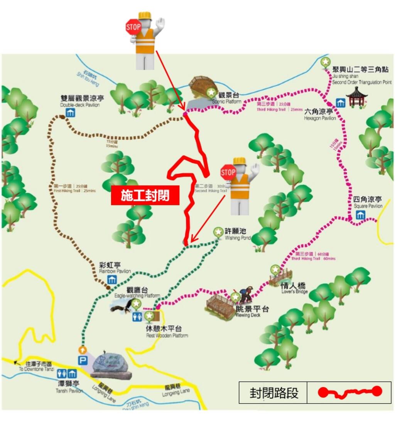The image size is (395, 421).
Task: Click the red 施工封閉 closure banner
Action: pos(145,195)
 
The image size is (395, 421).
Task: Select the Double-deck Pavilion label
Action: pos(80,101)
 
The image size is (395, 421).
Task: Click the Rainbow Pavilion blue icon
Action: pos(112,280)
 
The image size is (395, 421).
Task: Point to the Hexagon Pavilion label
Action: pos(319,114)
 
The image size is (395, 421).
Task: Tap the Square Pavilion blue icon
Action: pos(360,215)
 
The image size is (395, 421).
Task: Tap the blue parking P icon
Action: pos(83,361)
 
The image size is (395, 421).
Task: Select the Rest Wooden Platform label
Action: pos(166,332)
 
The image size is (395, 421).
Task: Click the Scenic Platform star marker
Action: pos(211,93)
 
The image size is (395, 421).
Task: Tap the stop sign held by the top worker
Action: pos(133,27)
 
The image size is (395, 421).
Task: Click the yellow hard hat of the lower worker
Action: pos(240,161)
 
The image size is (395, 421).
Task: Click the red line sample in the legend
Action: pos(349,392)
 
